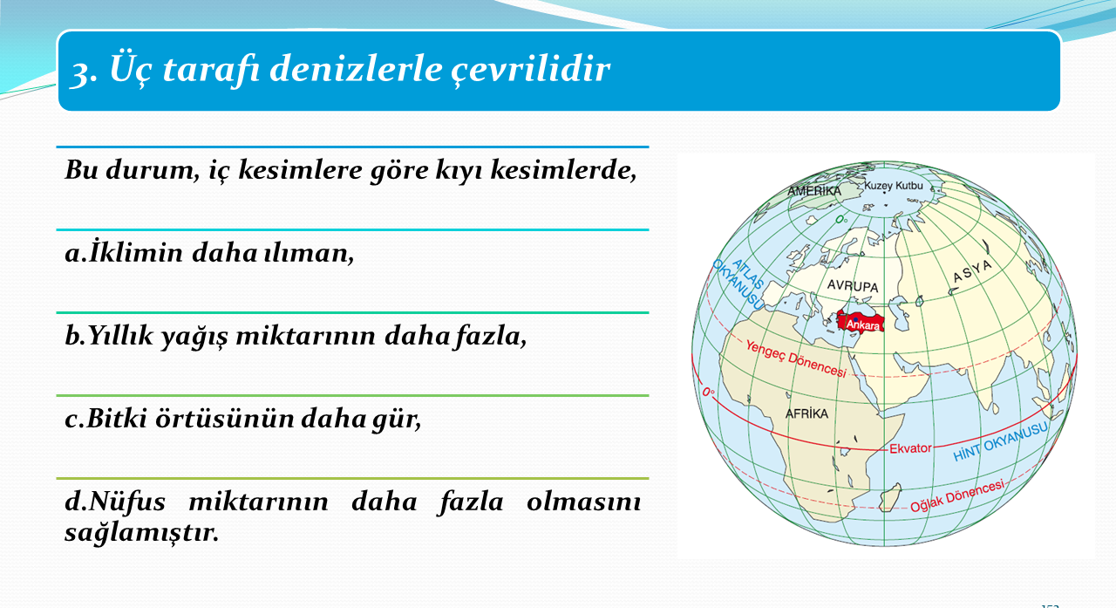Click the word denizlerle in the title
356,69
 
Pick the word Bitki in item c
116,419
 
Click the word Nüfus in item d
127,501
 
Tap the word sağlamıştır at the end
142,533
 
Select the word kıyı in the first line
459,171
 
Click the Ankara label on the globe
863,325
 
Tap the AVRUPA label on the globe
853,286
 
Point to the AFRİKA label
806,413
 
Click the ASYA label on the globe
972,271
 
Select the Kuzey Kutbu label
894,186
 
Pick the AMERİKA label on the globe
814,191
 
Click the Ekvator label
910,448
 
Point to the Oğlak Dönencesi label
957,495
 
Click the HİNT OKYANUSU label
1000,442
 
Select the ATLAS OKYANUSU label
738,284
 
